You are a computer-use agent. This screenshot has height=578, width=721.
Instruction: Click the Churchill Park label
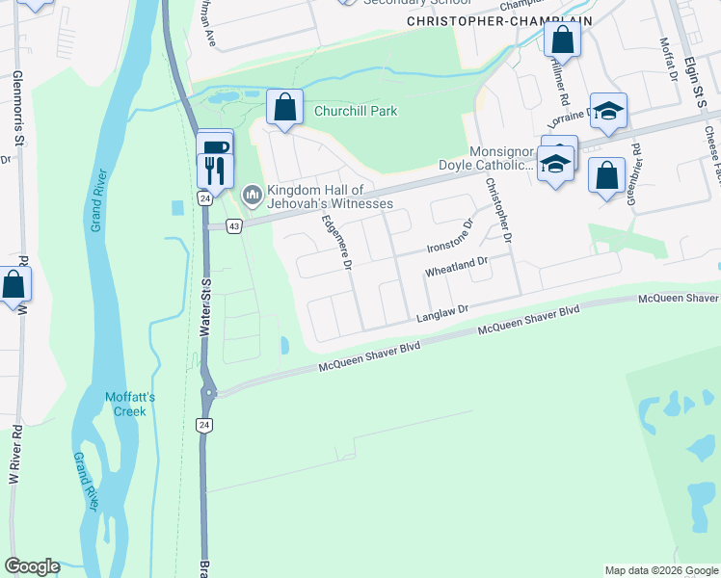click(356, 111)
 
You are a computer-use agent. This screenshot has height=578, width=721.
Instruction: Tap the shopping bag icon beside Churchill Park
click(285, 107)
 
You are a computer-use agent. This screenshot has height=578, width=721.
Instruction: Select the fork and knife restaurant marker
click(214, 171)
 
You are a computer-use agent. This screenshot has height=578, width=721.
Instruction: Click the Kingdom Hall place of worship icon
click(253, 196)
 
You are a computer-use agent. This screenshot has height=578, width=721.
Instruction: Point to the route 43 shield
click(233, 225)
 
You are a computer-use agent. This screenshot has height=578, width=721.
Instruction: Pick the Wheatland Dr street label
click(458, 267)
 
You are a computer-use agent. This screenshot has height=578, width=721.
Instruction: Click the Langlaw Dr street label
click(441, 312)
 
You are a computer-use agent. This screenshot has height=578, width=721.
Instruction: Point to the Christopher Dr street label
click(498, 209)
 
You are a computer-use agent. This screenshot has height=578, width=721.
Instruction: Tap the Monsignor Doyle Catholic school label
click(500, 158)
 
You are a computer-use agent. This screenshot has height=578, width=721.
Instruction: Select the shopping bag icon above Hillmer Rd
click(563, 40)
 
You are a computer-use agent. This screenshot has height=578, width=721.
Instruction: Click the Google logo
click(32, 566)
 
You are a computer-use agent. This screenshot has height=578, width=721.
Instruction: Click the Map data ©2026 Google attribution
click(660, 570)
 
